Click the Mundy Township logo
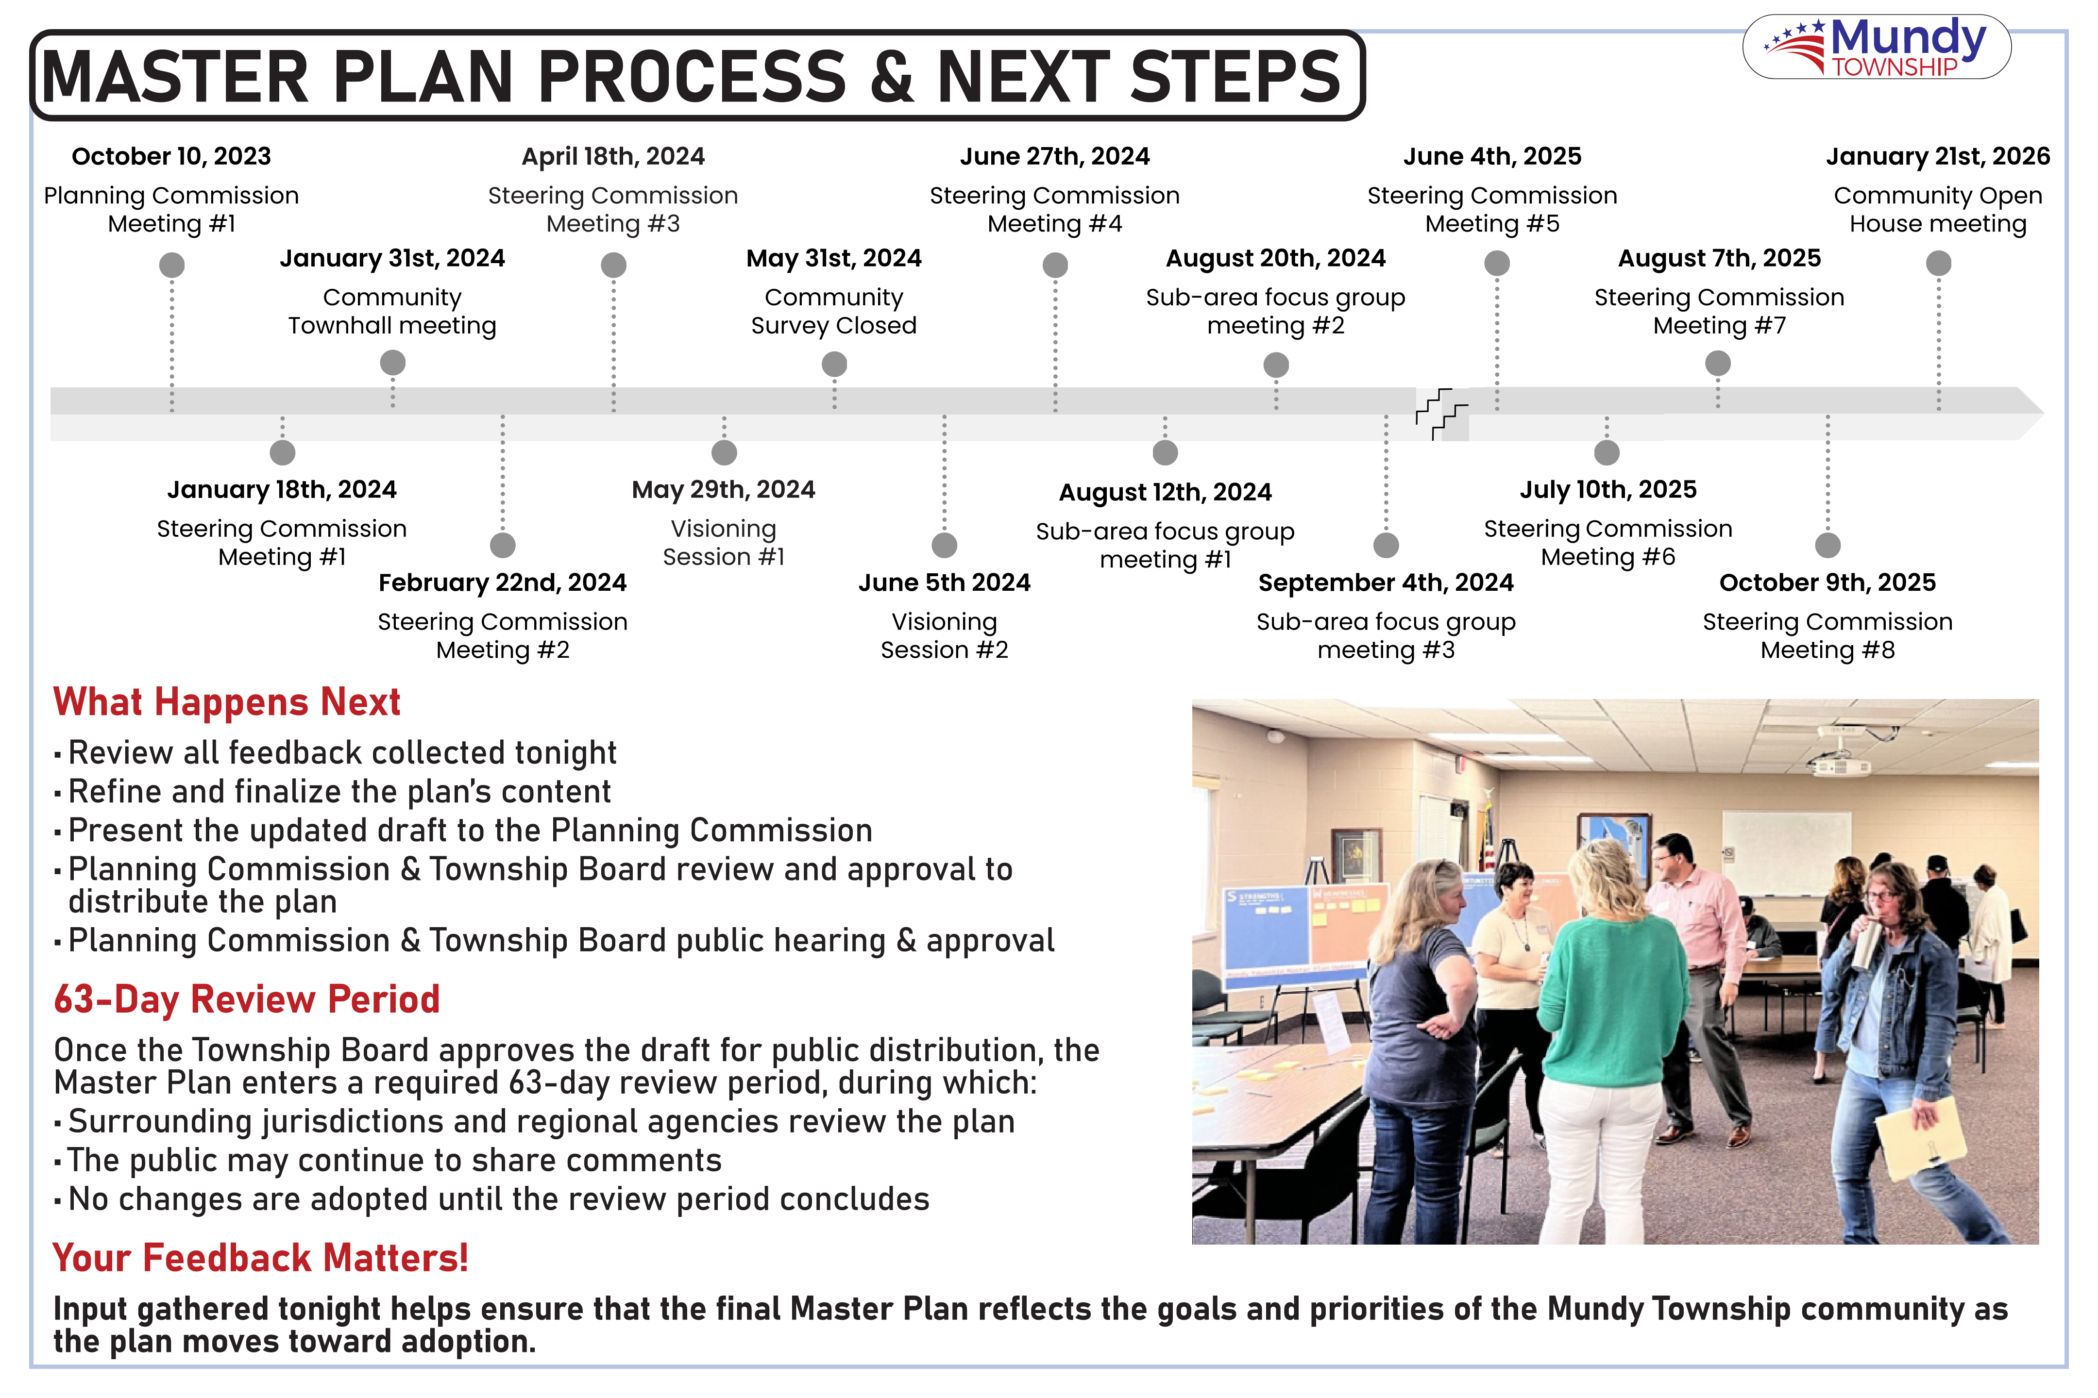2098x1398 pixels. coord(1876,47)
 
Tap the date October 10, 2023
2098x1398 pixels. coord(171,157)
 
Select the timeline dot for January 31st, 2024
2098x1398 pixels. coord(392,363)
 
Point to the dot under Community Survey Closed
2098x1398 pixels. coord(834,364)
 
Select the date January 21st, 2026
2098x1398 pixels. coord(1937,157)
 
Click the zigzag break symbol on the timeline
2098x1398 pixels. coord(1440,414)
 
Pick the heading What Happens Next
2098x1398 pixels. coord(227,702)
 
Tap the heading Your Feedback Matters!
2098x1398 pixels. coord(260,1258)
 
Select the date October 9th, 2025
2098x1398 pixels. coord(1827,583)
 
